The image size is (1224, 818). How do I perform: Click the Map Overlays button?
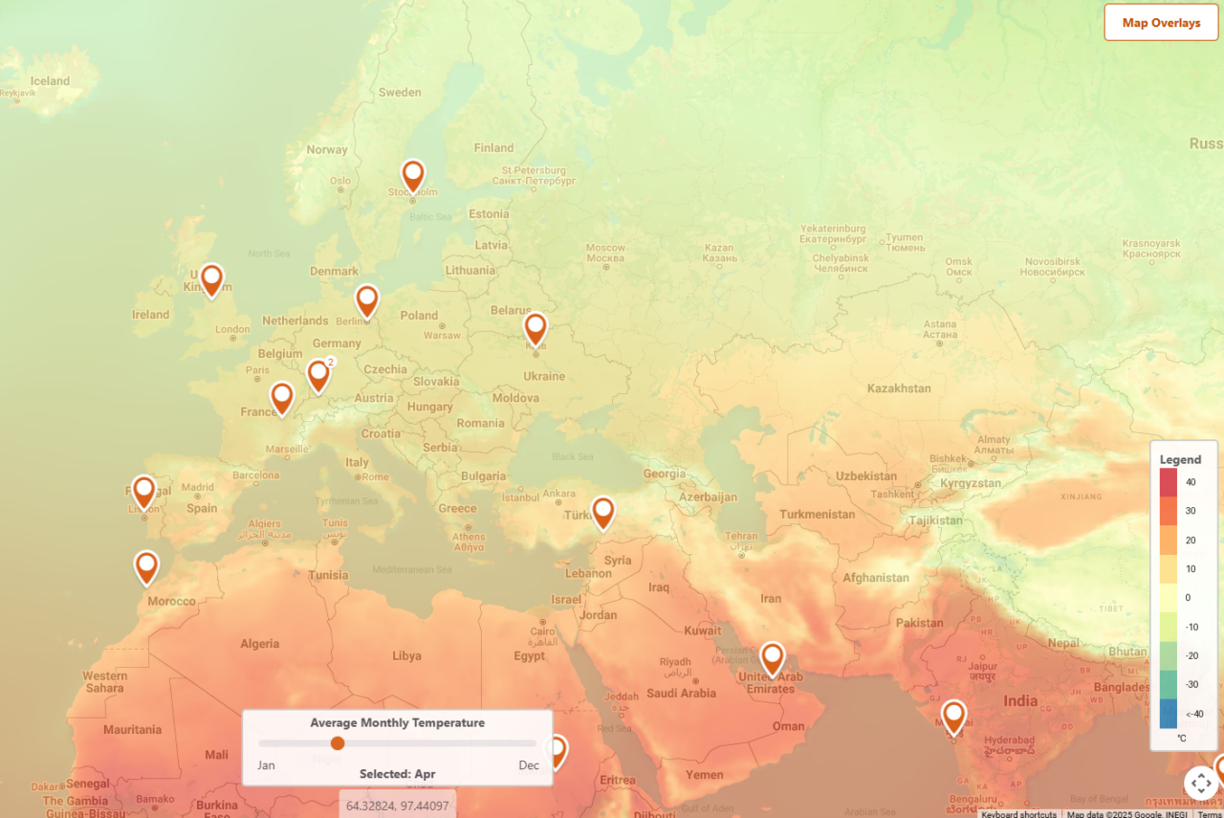tap(1161, 22)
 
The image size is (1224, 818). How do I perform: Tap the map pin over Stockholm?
tap(413, 175)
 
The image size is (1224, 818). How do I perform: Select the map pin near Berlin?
tap(367, 300)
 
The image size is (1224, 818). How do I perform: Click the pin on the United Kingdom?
tap(211, 279)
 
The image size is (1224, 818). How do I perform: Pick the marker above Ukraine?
tap(535, 328)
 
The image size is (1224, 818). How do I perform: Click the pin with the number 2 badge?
tap(318, 375)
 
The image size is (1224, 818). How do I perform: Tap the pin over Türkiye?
tap(602, 512)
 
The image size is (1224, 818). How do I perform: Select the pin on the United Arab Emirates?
tap(773, 658)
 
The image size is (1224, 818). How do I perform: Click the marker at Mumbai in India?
tap(953, 717)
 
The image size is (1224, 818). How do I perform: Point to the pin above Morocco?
tap(146, 566)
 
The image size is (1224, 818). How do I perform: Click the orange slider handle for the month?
tap(338, 743)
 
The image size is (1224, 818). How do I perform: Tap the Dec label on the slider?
tap(529, 765)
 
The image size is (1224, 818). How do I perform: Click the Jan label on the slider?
tap(267, 765)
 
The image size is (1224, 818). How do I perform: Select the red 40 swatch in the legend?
tap(1169, 482)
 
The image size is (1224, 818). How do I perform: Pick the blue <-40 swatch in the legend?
tap(1169, 713)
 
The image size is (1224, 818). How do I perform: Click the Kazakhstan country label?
tap(899, 388)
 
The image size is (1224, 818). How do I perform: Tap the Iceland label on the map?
tap(50, 81)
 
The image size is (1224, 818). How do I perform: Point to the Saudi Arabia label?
tap(680, 694)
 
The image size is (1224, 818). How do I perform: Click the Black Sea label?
tap(572, 457)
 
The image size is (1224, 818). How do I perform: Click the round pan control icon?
tap(1201, 783)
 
